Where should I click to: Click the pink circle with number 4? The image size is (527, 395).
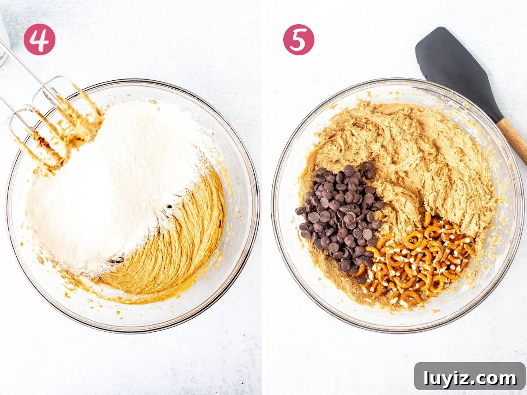click(40, 39)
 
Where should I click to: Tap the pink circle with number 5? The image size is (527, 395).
click(299, 39)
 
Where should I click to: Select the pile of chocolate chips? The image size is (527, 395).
click(341, 216)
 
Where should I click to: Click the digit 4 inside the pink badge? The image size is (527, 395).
click(39, 39)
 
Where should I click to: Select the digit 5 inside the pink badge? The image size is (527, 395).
click(299, 40)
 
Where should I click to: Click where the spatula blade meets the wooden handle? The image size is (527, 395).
click(499, 121)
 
